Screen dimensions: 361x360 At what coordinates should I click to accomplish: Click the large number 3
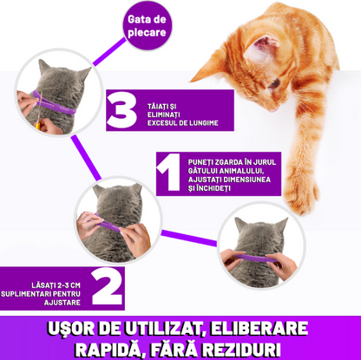click(121, 110)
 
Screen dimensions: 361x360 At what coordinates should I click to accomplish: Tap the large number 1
click(169, 173)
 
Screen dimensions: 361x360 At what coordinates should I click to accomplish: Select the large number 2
click(107, 287)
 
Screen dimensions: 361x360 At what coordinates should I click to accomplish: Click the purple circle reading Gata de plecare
click(147, 26)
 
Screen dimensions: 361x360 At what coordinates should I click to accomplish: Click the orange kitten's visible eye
click(274, 83)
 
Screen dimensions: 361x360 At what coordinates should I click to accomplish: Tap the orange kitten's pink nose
click(273, 109)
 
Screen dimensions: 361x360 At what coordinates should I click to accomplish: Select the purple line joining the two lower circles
click(189, 238)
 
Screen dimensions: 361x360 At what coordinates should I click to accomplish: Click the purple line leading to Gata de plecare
click(109, 52)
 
